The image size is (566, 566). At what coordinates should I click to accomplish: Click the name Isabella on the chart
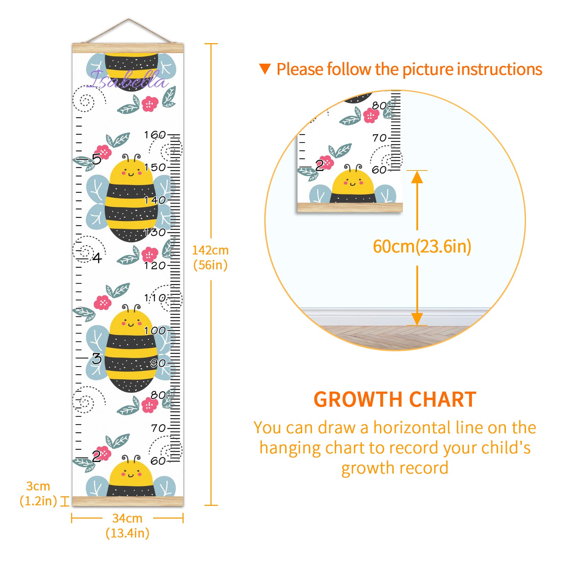(127, 79)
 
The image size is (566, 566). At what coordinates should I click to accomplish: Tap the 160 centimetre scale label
(155, 135)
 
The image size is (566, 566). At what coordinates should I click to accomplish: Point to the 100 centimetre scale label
(155, 330)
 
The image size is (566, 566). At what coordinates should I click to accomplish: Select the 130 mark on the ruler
(155, 232)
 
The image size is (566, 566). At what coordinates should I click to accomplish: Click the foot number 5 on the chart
(97, 159)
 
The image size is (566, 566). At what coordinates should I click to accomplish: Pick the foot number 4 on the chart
(97, 258)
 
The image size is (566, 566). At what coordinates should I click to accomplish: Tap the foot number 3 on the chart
(97, 358)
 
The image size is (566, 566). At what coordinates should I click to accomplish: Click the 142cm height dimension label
(210, 258)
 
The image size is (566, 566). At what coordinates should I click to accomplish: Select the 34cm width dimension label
(127, 525)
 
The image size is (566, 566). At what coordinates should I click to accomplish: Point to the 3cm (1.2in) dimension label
(38, 493)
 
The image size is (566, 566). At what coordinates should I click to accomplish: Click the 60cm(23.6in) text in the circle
(422, 246)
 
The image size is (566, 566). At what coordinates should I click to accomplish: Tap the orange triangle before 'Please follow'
(265, 69)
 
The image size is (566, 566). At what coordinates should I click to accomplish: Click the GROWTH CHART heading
(395, 399)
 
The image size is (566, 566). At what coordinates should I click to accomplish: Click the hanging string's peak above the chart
(129, 19)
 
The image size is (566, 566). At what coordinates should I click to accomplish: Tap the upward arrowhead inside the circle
(417, 177)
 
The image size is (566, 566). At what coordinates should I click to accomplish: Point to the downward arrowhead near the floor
(417, 319)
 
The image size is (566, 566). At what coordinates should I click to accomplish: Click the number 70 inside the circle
(380, 138)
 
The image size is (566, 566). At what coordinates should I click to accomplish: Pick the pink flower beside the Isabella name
(150, 104)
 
